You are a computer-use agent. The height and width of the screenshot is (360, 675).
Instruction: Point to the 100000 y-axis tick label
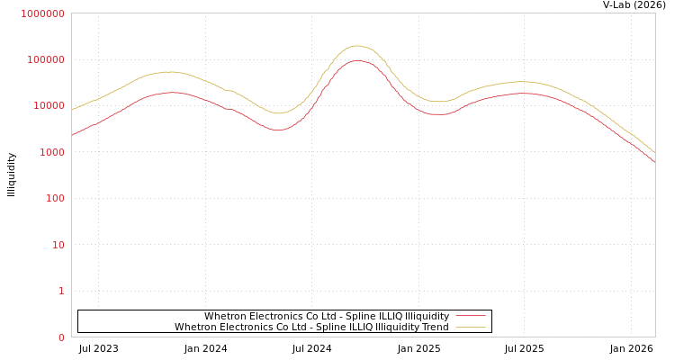pyautogui.click(x=45, y=59)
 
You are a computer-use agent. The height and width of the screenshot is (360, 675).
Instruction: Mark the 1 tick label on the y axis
pyautogui.click(x=61, y=291)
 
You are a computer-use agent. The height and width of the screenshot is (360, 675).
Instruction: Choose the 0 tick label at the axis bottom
pyautogui.click(x=61, y=337)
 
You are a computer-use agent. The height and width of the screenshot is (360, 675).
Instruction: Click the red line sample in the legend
pyautogui.click(x=471, y=316)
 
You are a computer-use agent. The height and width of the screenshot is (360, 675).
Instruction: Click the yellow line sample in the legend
pyautogui.click(x=471, y=327)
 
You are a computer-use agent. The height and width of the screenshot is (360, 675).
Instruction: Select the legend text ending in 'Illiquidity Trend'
pyautogui.click(x=311, y=327)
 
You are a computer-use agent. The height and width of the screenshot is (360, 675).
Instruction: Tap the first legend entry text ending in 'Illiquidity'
pyautogui.click(x=327, y=316)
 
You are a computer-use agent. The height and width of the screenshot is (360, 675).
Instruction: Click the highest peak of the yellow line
pyautogui.click(x=356, y=46)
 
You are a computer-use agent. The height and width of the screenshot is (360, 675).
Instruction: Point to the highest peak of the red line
pyautogui.click(x=357, y=61)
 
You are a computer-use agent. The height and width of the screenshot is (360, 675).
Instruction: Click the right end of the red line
pyautogui.click(x=654, y=162)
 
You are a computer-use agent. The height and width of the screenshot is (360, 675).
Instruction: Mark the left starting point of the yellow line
pyautogui.click(x=72, y=110)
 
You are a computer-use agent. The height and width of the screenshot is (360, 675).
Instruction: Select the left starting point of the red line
pyautogui.click(x=72, y=136)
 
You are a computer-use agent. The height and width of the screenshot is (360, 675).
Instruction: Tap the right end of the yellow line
pyautogui.click(x=654, y=152)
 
